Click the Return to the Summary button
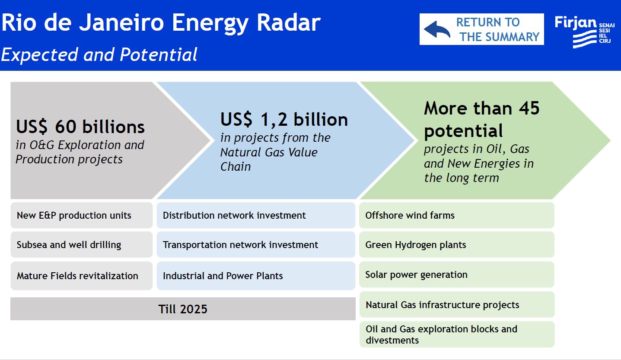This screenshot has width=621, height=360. pos(481,29)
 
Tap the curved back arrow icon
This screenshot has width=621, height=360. pos(437,29)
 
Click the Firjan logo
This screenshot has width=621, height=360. pos(585,32)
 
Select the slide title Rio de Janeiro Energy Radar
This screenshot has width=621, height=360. pos(161,23)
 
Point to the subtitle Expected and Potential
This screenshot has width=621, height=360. pos(99,54)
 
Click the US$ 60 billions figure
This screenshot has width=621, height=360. pos(80,127)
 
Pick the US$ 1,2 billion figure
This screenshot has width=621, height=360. pos(284,120)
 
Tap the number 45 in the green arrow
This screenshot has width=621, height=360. pos(529,108)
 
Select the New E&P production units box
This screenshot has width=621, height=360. pos(82,215)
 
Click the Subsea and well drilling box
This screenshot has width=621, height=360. pos(82,245)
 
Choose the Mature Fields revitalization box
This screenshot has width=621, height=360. pos(82,276)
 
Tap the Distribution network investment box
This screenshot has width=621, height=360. pos(256,215)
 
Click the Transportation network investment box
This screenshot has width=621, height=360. pos(256,245)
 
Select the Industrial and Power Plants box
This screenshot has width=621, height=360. pos(256,276)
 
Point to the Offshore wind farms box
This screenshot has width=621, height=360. pos(457,215)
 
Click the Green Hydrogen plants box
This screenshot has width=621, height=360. pos(457,245)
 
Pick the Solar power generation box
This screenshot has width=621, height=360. pos(457,274)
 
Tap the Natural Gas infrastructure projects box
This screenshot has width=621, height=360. pos(457,305)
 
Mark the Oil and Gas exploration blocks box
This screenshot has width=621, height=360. pos(457,334)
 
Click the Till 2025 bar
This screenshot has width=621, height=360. pos(183,309)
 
